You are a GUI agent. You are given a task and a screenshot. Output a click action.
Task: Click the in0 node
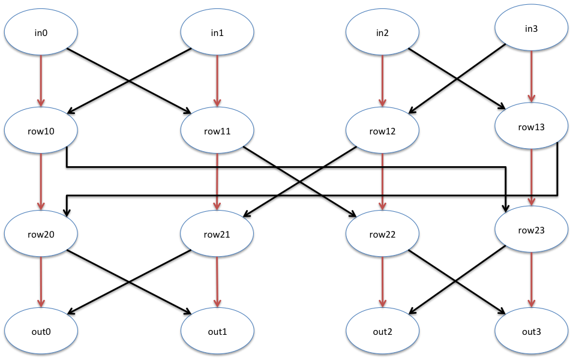coord(41,33)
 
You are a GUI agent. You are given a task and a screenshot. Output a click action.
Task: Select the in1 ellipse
coord(217,33)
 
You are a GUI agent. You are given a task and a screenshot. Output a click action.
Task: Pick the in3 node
coord(531,29)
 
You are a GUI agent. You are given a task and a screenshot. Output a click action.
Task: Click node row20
coord(41,234)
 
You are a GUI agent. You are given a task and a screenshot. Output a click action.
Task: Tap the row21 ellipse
coord(217,234)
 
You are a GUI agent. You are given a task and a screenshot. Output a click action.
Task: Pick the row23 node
coord(531,229)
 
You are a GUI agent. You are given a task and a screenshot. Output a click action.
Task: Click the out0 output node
coord(41,331)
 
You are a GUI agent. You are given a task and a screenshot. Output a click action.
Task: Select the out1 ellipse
coord(217,331)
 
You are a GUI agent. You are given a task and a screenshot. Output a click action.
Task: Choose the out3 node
coord(531,331)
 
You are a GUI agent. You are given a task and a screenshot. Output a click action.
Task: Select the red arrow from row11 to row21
coord(217,180)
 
